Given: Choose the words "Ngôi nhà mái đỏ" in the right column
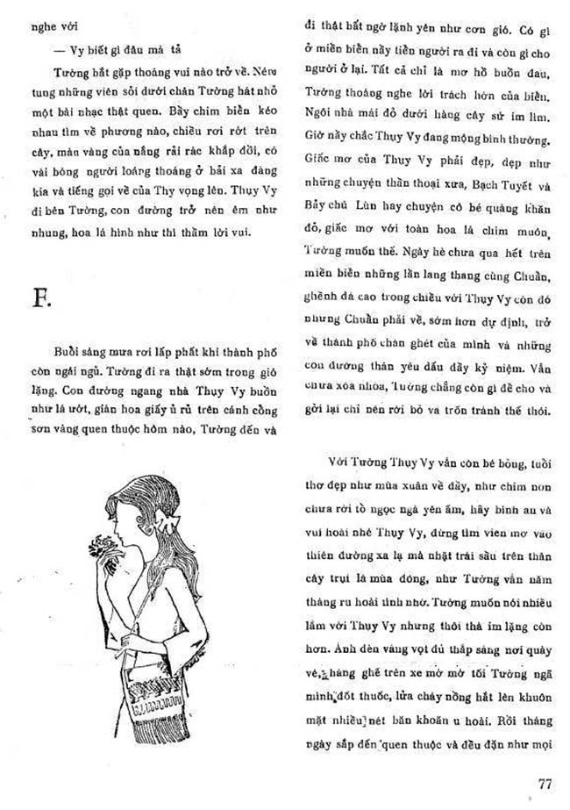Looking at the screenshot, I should pos(355,114).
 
